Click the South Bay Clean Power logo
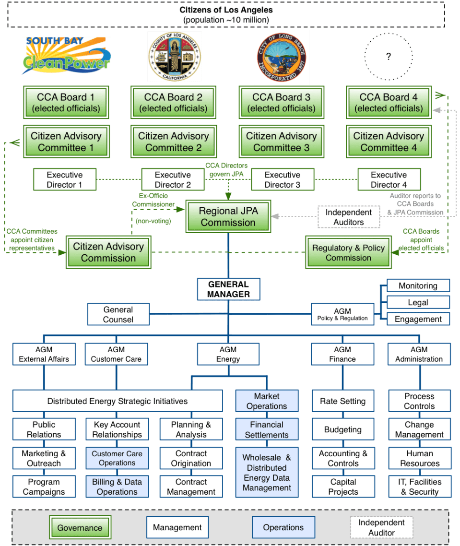[66, 56]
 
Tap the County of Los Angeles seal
[174, 57]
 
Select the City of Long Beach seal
[281, 58]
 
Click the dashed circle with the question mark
[388, 57]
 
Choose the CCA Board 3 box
[281, 102]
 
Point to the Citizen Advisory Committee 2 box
[174, 142]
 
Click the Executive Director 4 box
[389, 179]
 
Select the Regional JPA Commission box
[228, 216]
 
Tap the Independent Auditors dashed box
[348, 217]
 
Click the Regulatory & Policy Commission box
[348, 252]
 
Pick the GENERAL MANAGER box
[228, 289]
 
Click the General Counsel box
[118, 314]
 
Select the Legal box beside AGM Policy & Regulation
[418, 302]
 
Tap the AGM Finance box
[342, 354]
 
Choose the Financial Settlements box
[267, 429]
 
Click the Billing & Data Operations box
[117, 487]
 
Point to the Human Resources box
[419, 458]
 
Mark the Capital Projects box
[342, 487]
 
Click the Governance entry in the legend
[80, 528]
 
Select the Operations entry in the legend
[283, 527]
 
